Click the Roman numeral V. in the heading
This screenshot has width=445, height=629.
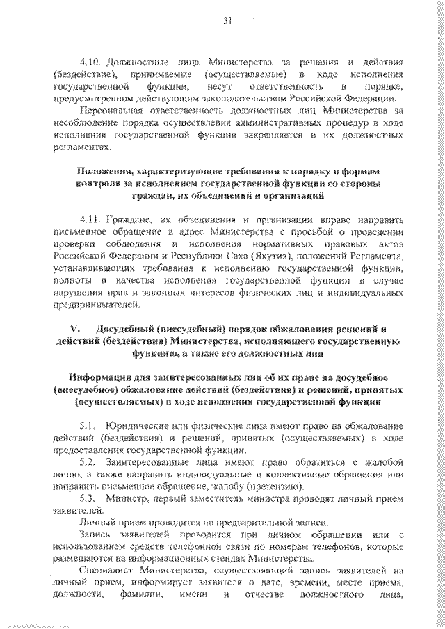point(74,329)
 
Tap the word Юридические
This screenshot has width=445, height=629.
point(140,425)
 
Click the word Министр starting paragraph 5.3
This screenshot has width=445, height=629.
point(124,500)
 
